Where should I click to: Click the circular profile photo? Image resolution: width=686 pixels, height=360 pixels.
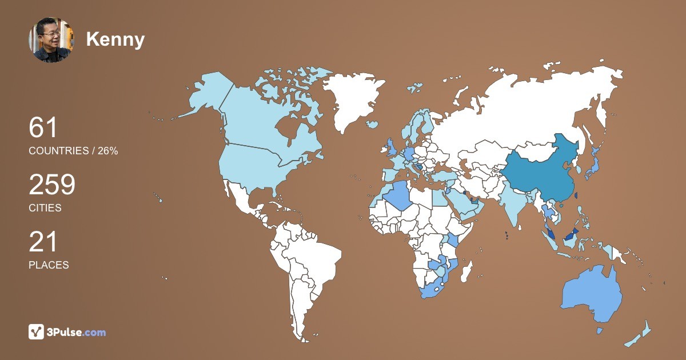point(50,39)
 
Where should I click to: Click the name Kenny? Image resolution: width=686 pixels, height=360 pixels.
point(115,39)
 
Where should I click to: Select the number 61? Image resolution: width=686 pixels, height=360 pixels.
point(43,127)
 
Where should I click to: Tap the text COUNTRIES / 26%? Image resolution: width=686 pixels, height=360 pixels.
point(73,151)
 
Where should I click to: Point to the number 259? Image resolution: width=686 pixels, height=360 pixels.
point(52,185)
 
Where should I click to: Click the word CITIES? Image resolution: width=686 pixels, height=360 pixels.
point(45,208)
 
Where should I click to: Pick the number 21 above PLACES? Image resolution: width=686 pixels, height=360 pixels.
point(43,242)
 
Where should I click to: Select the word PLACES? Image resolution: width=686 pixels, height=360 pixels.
point(49,265)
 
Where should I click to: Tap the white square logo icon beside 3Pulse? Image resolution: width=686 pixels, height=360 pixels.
point(36,331)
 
